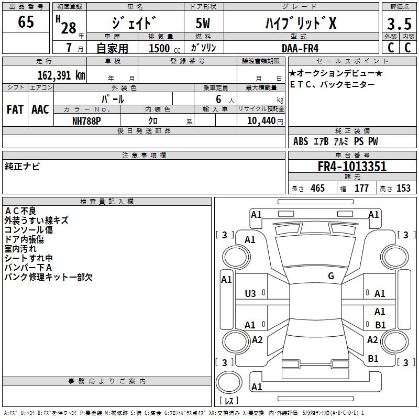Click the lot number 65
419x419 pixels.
(26, 22)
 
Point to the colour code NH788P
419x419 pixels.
(87, 119)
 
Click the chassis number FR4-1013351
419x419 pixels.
(352, 167)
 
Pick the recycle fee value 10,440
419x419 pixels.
(261, 120)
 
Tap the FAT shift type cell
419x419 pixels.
(15, 109)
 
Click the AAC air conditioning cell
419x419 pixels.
(40, 109)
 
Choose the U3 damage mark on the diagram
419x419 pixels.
(250, 294)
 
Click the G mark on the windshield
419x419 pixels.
(331, 276)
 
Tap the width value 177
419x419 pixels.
(361, 189)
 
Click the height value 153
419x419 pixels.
(403, 189)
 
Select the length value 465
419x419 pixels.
(317, 189)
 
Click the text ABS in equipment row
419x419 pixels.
(301, 141)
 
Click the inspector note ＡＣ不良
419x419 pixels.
(20, 211)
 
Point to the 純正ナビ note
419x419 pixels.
(22, 166)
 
